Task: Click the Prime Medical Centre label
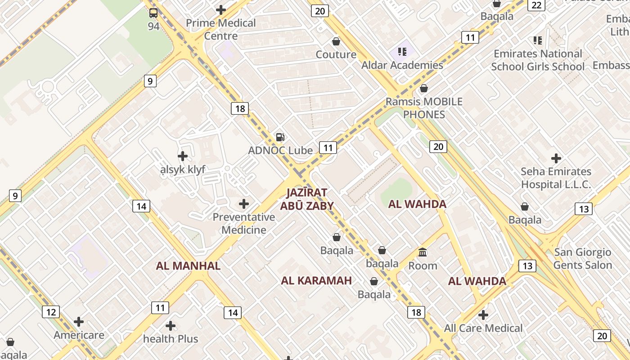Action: tap(220, 29)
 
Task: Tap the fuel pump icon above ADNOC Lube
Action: tap(280, 137)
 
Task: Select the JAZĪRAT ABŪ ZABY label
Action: tap(307, 199)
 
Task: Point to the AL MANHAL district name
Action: tap(188, 265)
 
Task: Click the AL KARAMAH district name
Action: tap(316, 281)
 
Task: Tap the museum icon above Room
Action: tap(423, 252)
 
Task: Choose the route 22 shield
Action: tap(536, 5)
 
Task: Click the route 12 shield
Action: tap(51, 312)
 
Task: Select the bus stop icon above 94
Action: tap(153, 13)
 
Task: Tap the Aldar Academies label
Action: tap(402, 65)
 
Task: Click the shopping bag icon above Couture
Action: tap(336, 42)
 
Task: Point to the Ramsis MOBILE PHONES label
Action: tap(424, 108)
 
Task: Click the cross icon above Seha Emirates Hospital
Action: tap(556, 158)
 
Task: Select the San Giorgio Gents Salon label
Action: tap(583, 259)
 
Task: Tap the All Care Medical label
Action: tap(483, 328)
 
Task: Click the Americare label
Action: tap(79, 335)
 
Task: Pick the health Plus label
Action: tap(171, 339)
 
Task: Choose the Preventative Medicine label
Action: tap(244, 223)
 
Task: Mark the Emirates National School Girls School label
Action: tap(538, 60)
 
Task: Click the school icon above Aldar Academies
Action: tap(402, 52)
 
